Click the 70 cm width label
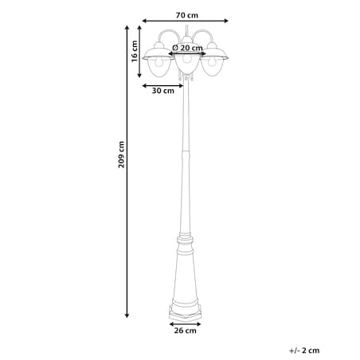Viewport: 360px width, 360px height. [187, 15]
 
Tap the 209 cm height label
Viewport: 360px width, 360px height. [121, 155]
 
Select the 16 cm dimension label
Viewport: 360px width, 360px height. [135, 51]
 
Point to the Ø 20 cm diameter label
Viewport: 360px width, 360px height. [187, 48]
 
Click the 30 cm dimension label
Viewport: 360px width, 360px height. [163, 91]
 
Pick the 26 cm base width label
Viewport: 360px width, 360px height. [186, 331]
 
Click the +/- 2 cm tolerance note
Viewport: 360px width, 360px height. [304, 350]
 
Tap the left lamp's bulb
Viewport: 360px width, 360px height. [159, 62]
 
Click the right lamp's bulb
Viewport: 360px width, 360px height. [212, 62]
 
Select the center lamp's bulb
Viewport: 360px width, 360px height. [187, 59]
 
